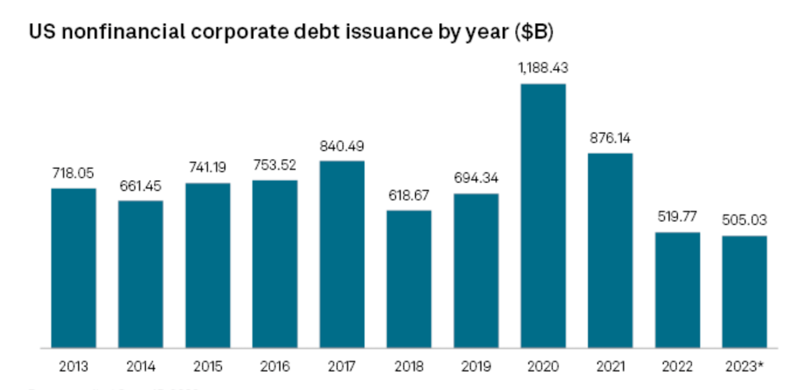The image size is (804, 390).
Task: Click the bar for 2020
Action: click(543, 215)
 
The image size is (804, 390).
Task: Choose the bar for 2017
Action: click(341, 254)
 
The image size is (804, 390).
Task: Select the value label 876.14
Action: click(610, 138)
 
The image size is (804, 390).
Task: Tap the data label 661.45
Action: click(140, 185)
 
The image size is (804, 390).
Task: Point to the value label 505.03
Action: click(744, 220)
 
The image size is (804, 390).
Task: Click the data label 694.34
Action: click(476, 178)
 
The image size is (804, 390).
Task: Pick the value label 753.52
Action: click(274, 165)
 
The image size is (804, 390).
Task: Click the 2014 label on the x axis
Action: click(140, 367)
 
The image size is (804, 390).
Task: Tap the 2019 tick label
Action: click(476, 367)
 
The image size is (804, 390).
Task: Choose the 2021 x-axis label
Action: click(610, 367)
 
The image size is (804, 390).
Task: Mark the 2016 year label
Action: click(274, 367)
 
